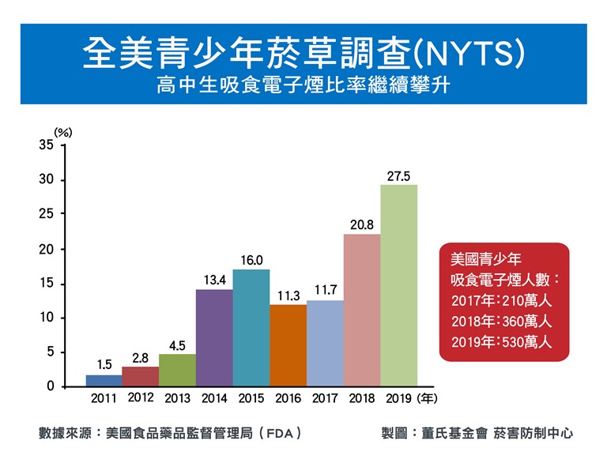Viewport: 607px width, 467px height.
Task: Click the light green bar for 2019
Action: [398, 285]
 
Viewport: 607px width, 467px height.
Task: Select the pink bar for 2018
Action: [362, 310]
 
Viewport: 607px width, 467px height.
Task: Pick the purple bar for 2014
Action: [214, 337]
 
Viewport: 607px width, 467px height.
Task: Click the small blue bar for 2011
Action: [104, 381]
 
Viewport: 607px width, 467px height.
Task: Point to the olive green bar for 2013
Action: [177, 370]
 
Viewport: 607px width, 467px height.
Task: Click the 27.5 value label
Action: [398, 176]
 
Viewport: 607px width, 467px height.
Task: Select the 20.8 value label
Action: [362, 226]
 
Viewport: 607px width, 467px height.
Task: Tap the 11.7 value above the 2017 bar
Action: [326, 291]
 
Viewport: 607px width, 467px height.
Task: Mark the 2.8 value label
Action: [140, 358]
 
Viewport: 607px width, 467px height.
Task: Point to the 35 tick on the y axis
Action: [46, 145]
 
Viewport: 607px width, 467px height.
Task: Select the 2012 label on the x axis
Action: [140, 397]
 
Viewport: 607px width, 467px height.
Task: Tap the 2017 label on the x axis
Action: [325, 397]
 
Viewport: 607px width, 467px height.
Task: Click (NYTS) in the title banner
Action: [469, 54]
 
